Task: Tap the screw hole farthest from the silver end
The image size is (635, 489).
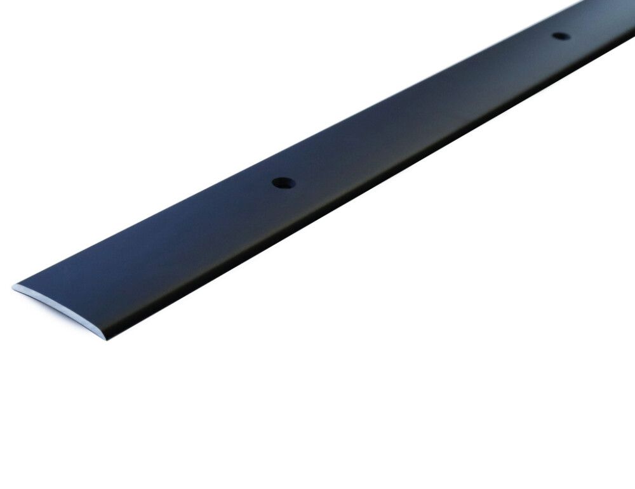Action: pos(561,36)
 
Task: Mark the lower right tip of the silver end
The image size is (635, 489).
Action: pos(102,336)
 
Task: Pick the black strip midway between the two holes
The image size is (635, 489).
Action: pos(419,114)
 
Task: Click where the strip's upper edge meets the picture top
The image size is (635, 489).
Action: pos(581,1)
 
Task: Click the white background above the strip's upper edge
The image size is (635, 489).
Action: pos(190,95)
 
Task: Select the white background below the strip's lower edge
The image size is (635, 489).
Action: pos(381,349)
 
